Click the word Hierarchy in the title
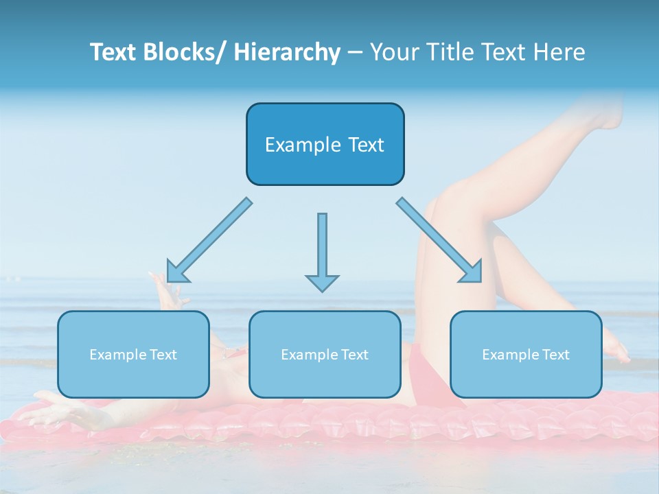287,52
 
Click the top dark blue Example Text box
325,144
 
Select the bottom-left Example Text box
133,354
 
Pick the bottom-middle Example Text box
325,354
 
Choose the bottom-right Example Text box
526,354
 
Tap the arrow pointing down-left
210,240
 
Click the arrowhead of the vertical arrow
322,282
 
